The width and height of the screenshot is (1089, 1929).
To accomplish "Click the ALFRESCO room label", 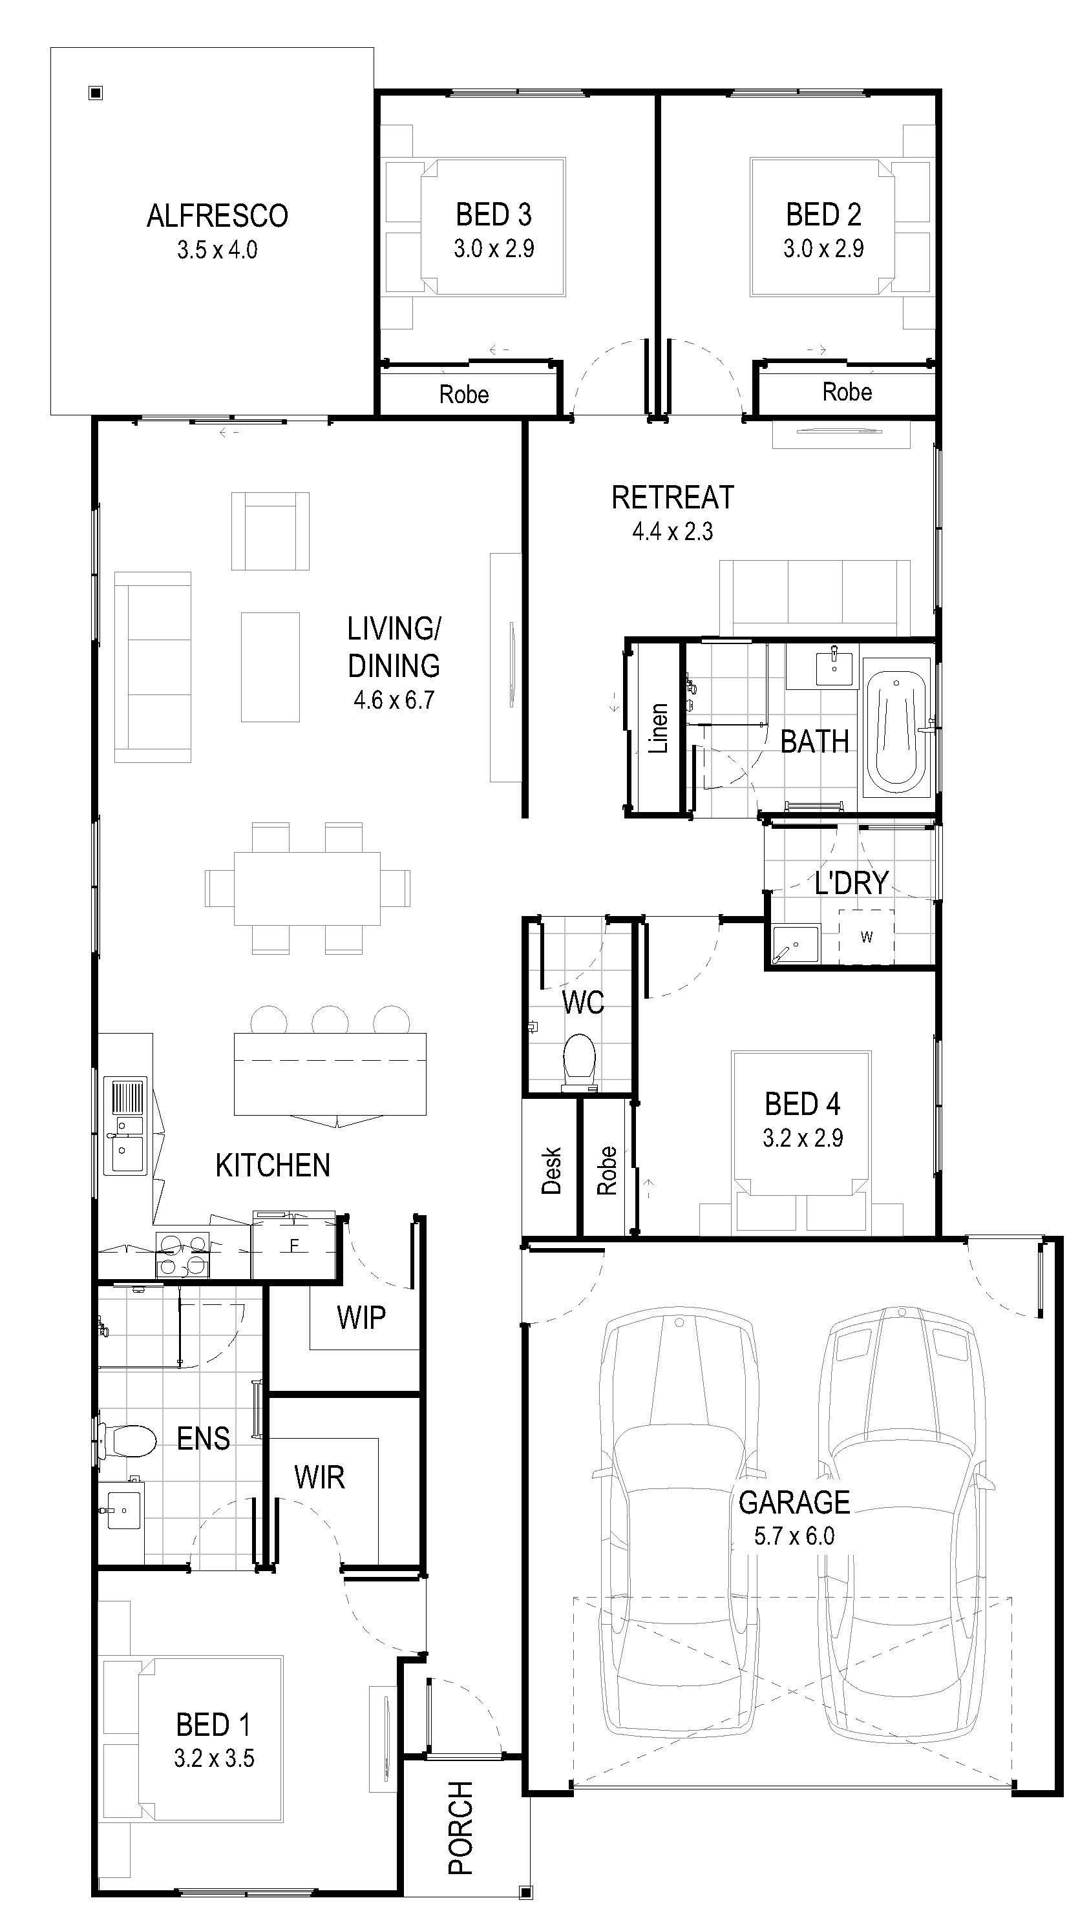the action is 217,216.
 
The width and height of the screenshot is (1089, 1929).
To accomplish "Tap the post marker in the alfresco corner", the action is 95,93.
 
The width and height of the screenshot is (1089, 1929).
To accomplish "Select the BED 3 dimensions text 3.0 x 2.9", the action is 494,249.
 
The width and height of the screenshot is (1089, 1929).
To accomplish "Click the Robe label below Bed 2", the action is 847,391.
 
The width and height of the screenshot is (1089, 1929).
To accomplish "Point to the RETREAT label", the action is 673,497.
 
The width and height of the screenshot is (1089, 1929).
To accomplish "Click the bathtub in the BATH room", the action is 896,726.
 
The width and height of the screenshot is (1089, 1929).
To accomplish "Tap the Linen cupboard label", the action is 657,728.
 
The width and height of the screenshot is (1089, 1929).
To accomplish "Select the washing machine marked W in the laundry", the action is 867,936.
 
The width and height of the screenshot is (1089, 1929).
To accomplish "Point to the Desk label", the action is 551,1170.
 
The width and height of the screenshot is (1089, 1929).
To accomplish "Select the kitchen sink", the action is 125,1125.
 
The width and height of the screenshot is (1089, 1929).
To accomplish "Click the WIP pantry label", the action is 361,1317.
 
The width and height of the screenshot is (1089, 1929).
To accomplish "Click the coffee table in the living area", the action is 270,667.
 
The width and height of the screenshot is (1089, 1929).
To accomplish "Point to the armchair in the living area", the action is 270,531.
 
